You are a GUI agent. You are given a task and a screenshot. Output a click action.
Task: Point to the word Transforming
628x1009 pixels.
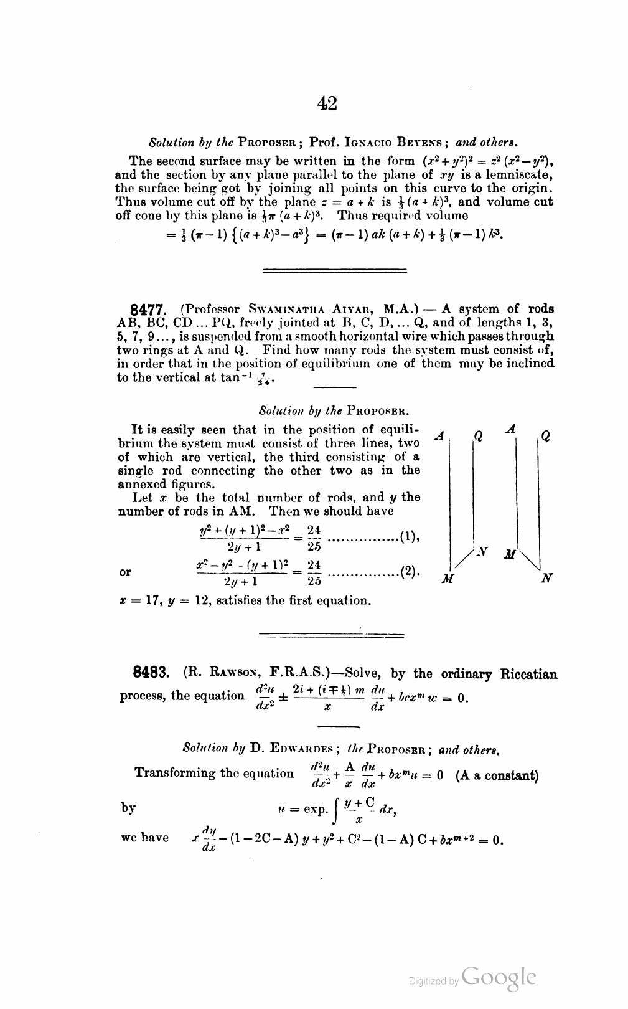point(172,773)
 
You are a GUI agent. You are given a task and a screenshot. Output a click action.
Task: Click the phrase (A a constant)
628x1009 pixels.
point(497,776)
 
